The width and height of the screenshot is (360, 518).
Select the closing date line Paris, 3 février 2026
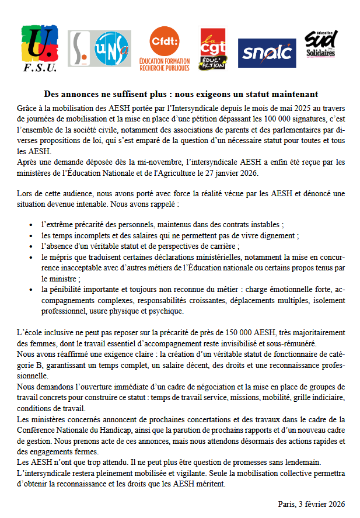311,503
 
